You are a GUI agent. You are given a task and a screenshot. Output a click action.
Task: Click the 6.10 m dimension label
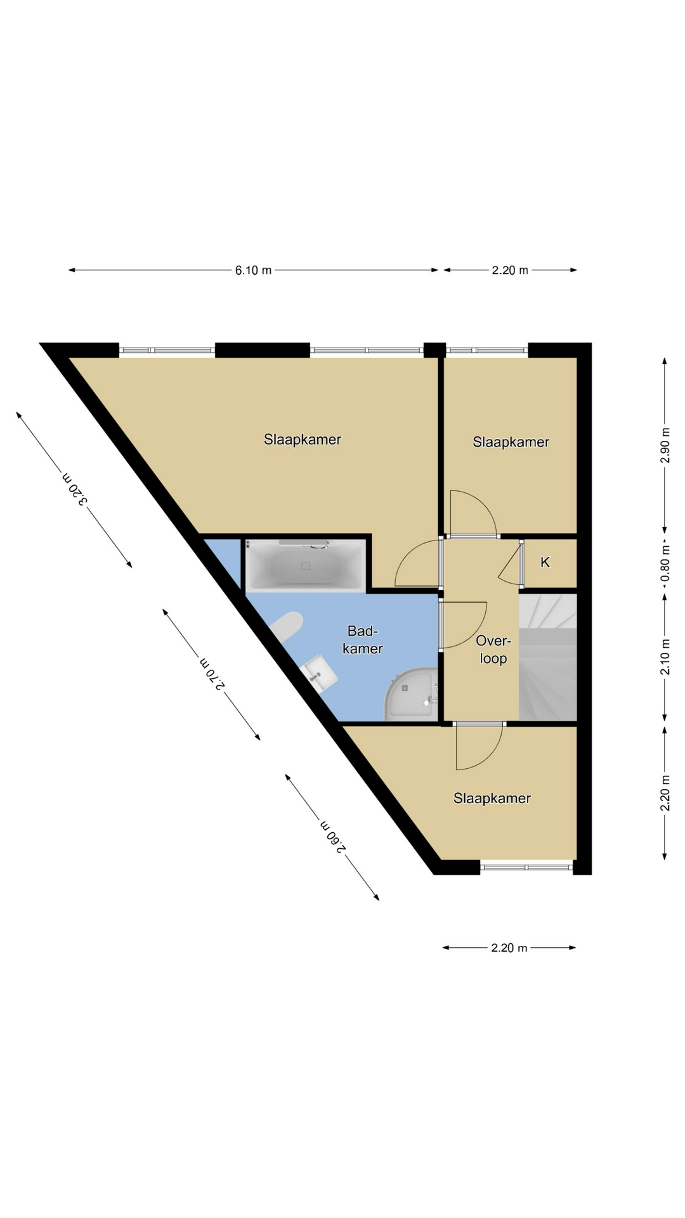(253, 270)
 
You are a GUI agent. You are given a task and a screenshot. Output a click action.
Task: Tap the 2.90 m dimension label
(665, 445)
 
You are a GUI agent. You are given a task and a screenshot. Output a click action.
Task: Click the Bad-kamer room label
(363, 639)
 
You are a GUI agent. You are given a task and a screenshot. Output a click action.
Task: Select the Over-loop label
(493, 650)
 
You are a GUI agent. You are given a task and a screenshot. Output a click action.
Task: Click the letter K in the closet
(545, 562)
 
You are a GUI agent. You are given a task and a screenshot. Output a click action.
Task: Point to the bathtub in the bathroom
(306, 565)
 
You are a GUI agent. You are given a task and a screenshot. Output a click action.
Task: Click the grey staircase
(548, 657)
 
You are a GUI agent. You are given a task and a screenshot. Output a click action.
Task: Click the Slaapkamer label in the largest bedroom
(303, 440)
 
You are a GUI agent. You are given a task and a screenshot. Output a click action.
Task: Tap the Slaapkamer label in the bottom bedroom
(492, 799)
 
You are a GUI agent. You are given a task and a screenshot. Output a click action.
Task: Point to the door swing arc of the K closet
(509, 561)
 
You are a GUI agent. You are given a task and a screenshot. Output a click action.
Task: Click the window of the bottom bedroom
(526, 867)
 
